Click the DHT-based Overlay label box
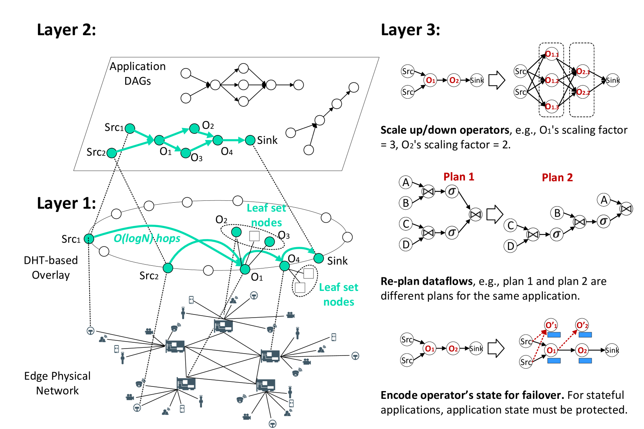coord(51,267)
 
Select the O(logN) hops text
coord(147,238)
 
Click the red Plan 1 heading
coord(458,177)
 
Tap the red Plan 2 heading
coord(557,178)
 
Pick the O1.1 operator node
coord(551,54)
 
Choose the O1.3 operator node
coord(551,106)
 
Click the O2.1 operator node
coord(582,71)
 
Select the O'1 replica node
coord(551,325)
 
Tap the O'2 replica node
coord(582,325)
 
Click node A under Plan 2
coord(603,200)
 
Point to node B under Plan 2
coord(557,213)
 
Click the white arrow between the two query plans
coord(494,214)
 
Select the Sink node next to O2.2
coord(612,80)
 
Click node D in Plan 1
coord(406,244)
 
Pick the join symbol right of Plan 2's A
coord(626,209)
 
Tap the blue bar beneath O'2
coord(585,335)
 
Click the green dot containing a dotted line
coord(89,239)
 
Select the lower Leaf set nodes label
coord(338,294)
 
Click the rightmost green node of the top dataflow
coord(250,140)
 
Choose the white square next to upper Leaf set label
coord(254,236)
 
